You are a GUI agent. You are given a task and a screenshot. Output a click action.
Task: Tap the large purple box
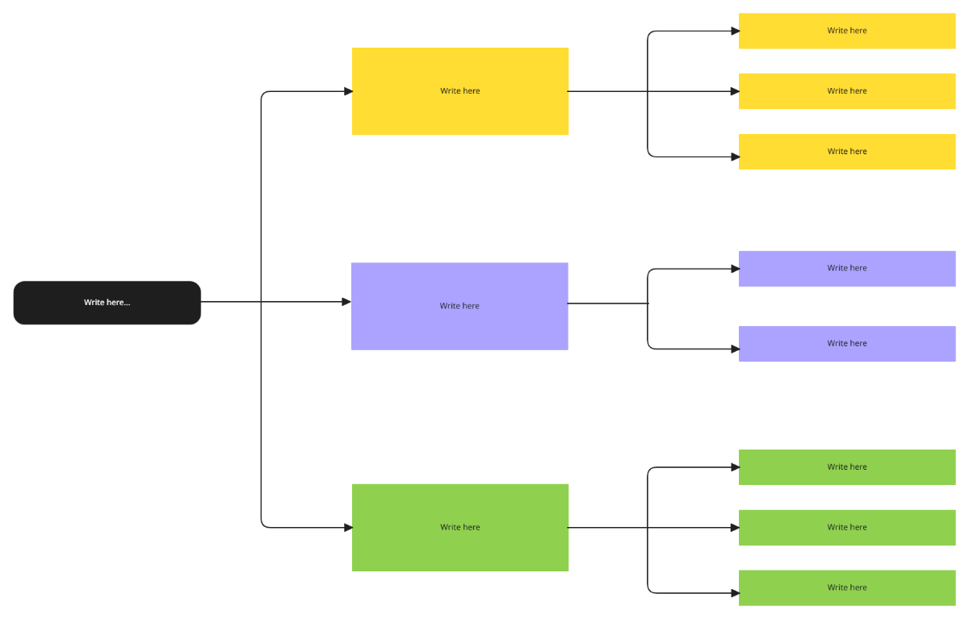point(459,327)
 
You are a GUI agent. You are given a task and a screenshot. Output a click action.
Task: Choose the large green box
point(460,549)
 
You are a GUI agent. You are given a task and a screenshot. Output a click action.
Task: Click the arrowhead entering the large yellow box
point(348,91)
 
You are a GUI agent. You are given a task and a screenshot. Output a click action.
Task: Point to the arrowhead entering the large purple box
point(346,302)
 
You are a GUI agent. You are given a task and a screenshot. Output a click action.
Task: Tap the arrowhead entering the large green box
point(348,528)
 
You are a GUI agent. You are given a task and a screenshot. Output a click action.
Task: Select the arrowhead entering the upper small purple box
point(735,269)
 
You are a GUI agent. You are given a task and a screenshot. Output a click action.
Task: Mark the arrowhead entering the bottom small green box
point(735,593)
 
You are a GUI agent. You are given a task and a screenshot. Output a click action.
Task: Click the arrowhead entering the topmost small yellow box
point(735,31)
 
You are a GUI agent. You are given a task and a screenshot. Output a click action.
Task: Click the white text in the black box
point(107,303)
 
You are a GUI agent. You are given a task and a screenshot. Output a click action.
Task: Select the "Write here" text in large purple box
point(459,306)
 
